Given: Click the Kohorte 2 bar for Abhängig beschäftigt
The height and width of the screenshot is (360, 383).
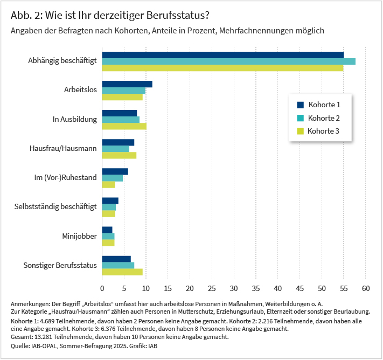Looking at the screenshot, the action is (228, 61).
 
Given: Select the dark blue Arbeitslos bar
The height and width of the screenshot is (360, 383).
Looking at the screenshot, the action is (127, 84).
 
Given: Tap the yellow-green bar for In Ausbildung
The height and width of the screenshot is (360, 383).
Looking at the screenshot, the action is (124, 126).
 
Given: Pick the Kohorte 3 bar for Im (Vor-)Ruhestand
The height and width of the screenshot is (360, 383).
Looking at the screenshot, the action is (108, 185).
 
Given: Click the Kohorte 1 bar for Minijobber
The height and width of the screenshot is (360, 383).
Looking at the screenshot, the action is (107, 230).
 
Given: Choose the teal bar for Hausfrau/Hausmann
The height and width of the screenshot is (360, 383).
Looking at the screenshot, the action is (115, 149).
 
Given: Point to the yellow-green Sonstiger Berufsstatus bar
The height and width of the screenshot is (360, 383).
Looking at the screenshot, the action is (122, 272).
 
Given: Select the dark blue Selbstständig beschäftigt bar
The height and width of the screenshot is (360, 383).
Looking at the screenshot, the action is (110, 201).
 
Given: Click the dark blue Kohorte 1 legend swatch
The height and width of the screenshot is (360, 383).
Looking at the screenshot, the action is (300, 105).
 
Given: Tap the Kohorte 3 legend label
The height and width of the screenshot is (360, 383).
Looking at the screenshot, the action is (323, 131).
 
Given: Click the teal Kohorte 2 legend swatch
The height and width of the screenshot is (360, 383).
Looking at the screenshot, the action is (300, 118).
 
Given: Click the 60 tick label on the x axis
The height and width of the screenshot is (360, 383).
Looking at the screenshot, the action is (366, 289).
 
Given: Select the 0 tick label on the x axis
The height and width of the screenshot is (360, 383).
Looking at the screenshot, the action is (102, 289).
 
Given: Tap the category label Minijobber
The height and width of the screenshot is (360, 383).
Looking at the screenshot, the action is (79, 236).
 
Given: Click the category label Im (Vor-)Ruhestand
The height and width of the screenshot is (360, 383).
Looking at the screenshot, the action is (66, 177).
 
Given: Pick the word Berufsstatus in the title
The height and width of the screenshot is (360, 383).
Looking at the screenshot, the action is (178, 15).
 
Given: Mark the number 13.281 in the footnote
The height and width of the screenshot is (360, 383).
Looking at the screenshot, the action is (43, 337).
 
